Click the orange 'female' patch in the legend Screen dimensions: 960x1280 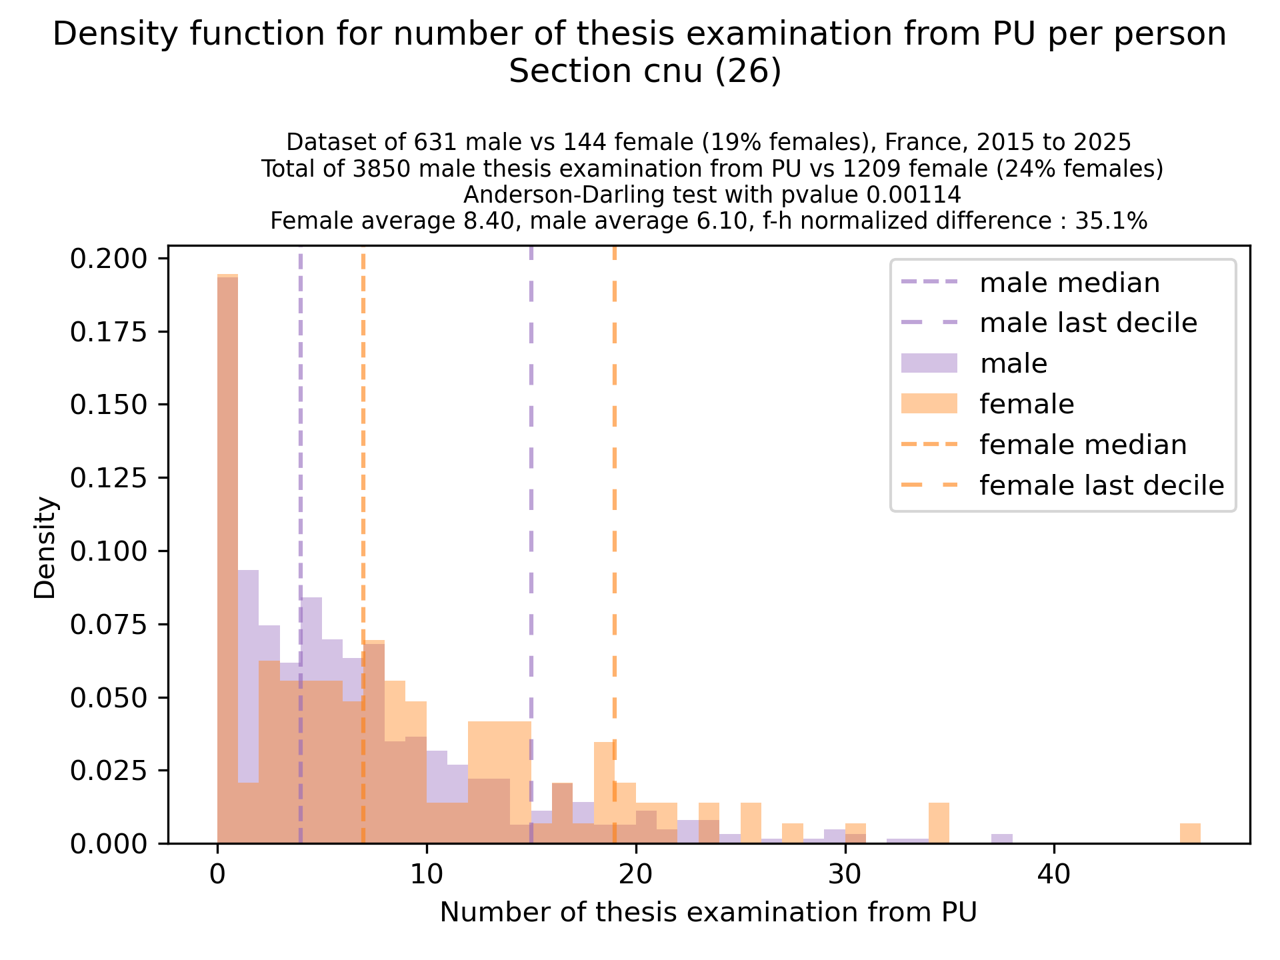tap(929, 404)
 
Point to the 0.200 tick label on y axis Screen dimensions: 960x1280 tap(108, 259)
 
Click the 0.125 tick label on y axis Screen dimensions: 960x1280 tap(108, 478)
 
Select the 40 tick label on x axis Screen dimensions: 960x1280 tap(1054, 874)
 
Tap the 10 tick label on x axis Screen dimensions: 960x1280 tap(427, 874)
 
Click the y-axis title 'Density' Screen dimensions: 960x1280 tap(45, 547)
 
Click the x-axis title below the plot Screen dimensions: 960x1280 tap(708, 912)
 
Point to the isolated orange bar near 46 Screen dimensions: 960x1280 tap(1190, 833)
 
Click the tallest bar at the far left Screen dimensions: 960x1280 tap(228, 560)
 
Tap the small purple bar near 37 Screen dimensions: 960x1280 tap(1001, 839)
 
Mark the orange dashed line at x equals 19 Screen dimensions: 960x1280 tap(614, 533)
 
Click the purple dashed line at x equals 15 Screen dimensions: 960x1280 tap(531, 533)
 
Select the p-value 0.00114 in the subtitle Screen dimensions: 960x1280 tap(913, 195)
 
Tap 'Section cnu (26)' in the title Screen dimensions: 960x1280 tap(645, 71)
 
